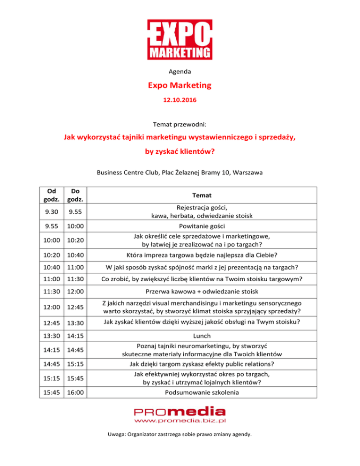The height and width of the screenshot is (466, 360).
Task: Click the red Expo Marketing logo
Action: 180,40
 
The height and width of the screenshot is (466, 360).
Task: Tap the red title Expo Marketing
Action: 180,86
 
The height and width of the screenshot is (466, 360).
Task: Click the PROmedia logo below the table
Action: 180,413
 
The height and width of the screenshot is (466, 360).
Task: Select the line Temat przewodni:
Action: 180,125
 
